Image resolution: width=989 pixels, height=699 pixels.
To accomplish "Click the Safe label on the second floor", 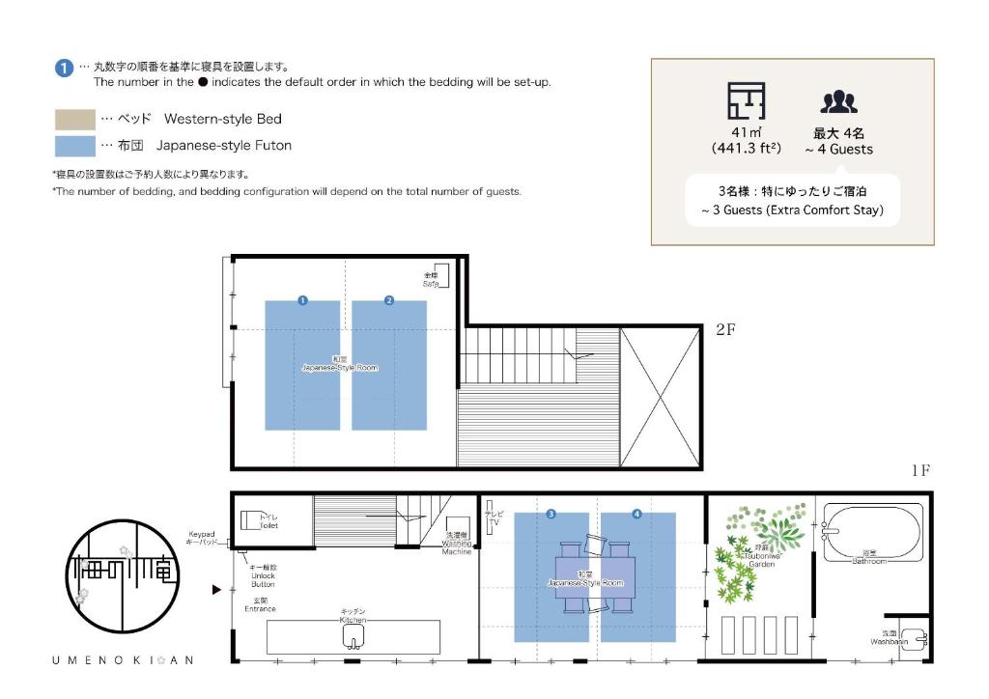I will (431, 279).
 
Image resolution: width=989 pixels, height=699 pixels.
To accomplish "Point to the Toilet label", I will (268, 522).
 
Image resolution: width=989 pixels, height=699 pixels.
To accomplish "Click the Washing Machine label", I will (457, 545).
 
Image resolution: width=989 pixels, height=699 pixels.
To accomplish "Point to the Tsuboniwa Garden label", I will (761, 560).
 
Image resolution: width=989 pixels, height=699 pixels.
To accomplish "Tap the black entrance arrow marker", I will (216, 588).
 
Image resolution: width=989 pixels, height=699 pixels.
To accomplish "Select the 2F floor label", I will (726, 329).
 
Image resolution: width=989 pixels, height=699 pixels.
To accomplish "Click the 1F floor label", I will (919, 470).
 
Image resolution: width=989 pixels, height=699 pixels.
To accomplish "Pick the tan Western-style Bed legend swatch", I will (74, 120).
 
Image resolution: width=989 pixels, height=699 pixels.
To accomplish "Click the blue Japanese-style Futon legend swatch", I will (74, 146).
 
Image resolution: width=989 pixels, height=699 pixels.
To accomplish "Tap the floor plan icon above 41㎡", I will (746, 101).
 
